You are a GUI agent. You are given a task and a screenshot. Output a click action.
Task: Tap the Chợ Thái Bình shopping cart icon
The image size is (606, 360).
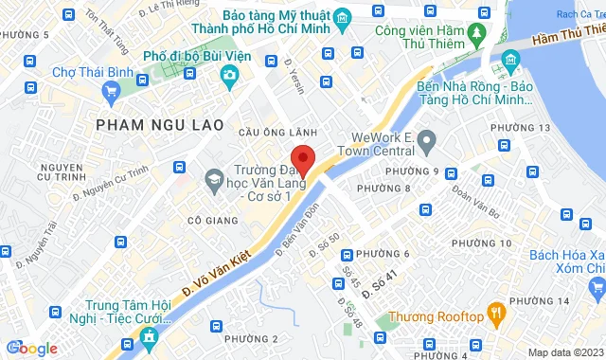(113, 91)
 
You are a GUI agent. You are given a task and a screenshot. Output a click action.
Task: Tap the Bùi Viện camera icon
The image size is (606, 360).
(228, 75)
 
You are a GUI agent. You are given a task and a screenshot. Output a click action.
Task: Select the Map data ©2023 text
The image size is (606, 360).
(562, 352)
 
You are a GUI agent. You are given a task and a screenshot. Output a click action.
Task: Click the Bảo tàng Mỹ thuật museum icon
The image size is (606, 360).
(343, 16)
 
